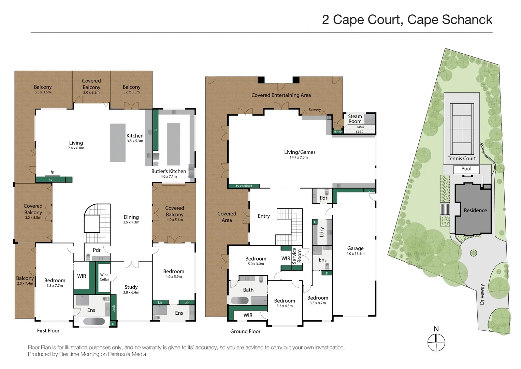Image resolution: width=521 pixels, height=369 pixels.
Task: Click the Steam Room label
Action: [x=355, y=119]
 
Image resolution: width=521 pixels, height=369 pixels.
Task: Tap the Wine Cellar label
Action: [x=104, y=277]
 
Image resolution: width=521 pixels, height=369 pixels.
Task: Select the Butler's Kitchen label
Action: [x=169, y=171]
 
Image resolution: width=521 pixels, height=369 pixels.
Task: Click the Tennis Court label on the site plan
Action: [x=461, y=159]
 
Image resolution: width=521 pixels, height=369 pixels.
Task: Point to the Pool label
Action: [x=466, y=169]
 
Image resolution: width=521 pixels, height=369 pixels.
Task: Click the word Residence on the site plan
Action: [x=475, y=210]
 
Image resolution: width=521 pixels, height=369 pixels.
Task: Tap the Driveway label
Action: [x=482, y=294]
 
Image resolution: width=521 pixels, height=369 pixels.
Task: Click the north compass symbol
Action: [x=436, y=342]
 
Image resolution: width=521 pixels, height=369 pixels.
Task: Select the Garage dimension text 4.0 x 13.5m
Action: [x=355, y=254]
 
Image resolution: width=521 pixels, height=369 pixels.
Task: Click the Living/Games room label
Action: [x=300, y=152]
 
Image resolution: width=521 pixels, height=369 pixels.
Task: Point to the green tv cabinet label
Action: [x=244, y=186]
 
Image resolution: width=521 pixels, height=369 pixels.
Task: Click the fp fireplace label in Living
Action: [x=52, y=172]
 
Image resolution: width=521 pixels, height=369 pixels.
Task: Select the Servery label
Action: [x=315, y=110]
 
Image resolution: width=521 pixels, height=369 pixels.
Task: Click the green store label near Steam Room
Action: [x=337, y=132]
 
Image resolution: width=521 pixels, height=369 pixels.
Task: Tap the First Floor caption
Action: [x=48, y=331]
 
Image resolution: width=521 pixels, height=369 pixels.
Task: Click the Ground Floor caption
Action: [x=245, y=331]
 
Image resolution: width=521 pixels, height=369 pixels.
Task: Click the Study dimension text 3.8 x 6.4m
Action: [x=131, y=292]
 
